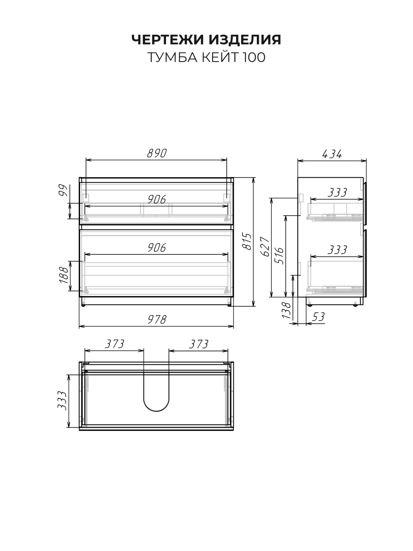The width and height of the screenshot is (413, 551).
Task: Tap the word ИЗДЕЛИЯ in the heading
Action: (245, 40)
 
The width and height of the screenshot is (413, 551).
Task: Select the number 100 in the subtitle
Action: (254, 57)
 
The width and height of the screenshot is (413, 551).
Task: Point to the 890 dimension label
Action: (157, 153)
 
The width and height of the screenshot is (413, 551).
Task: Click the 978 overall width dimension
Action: (157, 320)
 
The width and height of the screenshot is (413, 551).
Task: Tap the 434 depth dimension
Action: (332, 154)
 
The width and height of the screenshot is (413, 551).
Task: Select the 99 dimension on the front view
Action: (63, 190)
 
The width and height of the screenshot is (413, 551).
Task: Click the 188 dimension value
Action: (64, 275)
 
